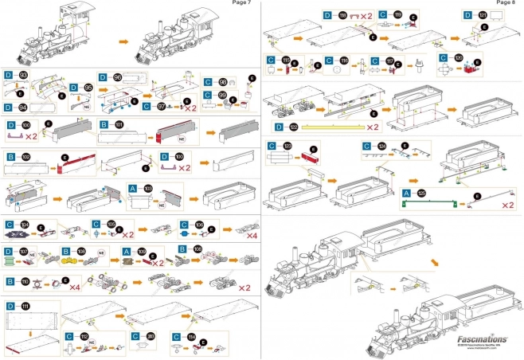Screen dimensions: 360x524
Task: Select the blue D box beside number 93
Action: (x=9, y=75)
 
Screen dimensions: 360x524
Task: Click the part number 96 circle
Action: (x=118, y=77)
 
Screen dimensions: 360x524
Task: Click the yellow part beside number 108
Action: (x=68, y=258)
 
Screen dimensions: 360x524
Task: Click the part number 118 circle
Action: (x=344, y=15)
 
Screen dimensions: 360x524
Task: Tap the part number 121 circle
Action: (x=485, y=15)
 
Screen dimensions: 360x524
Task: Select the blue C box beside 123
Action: (x=272, y=146)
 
